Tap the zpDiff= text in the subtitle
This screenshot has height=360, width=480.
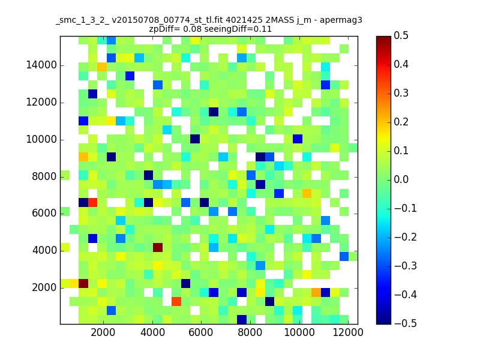(164, 29)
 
